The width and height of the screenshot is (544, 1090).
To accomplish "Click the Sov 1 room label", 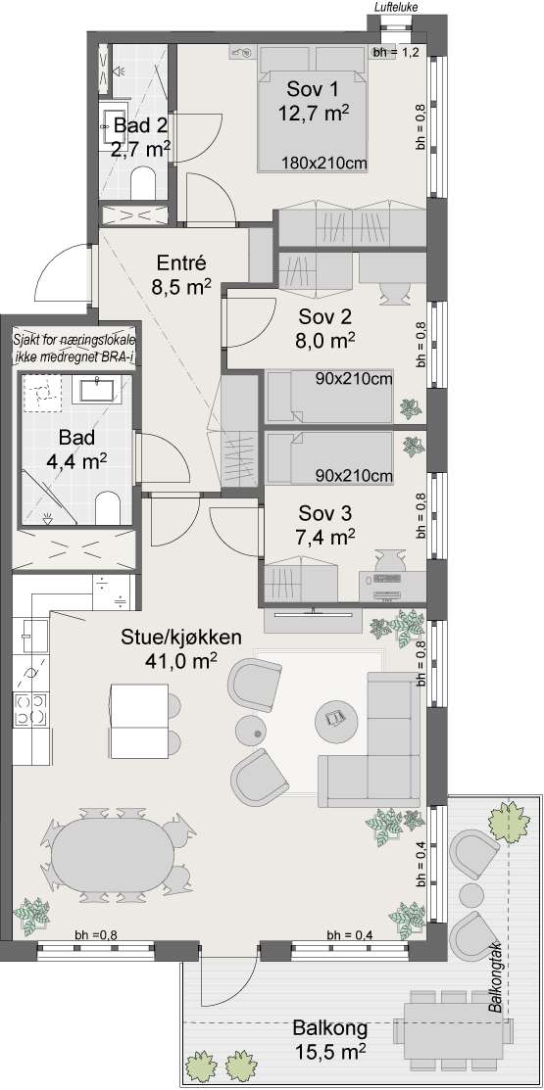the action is [314, 89].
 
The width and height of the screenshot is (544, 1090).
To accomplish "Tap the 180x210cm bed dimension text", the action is [324, 164].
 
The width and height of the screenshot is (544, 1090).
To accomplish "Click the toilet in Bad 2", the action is [145, 182].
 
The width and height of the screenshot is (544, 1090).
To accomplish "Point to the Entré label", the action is [181, 263].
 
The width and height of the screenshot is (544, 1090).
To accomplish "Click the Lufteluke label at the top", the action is [395, 7].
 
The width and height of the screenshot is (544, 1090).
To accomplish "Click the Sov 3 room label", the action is [325, 513].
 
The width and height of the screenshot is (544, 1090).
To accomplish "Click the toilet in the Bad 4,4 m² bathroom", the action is [108, 506].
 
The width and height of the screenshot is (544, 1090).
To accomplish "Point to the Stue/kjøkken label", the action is [181, 638].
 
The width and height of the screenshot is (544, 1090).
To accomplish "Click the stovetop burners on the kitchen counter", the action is [31, 709].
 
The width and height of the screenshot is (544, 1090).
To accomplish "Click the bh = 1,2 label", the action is [395, 53].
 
